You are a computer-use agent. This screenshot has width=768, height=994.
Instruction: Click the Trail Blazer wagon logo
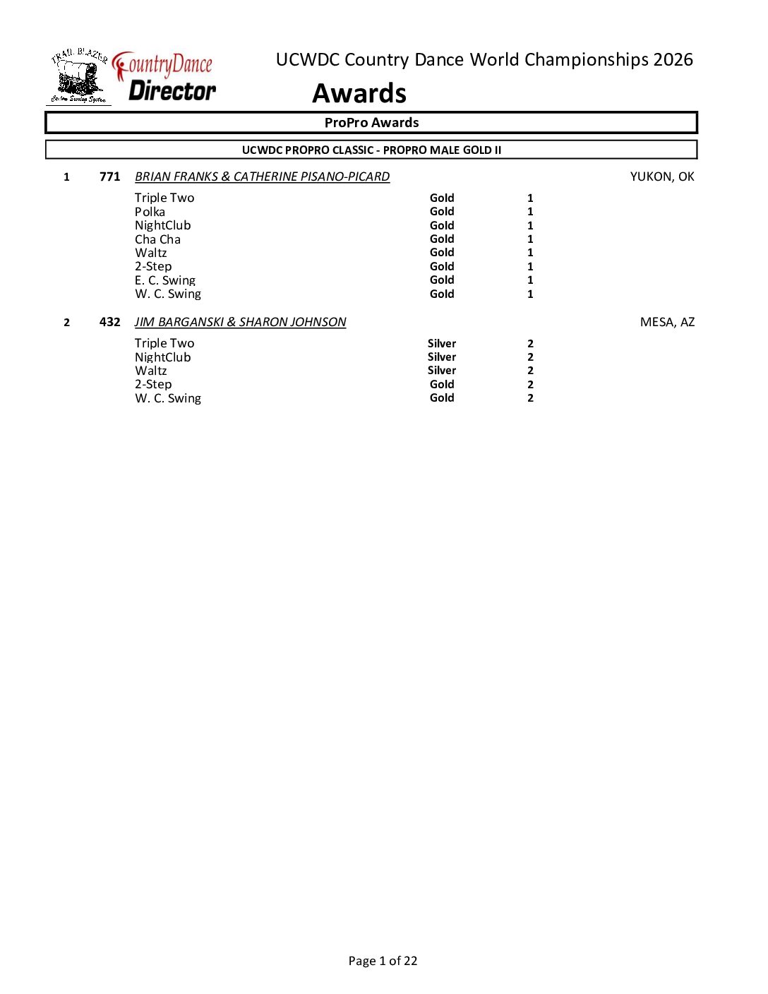[78, 77]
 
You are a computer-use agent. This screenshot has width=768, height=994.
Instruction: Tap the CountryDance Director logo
[166, 78]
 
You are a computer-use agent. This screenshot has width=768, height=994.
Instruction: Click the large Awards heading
[359, 93]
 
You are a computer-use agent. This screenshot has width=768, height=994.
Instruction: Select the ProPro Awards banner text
[371, 123]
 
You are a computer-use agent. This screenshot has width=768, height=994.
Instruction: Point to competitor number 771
[109, 176]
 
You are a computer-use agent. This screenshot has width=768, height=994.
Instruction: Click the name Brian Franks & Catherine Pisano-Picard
[262, 176]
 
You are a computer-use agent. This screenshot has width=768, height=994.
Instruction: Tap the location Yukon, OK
[661, 176]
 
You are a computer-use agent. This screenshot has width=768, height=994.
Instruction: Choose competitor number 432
[109, 322]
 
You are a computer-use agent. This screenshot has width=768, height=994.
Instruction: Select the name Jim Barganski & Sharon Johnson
[240, 322]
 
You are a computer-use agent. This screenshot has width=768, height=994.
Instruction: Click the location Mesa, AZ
[667, 322]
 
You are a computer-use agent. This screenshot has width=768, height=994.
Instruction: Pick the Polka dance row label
[150, 212]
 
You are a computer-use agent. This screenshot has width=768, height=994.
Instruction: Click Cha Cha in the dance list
[157, 239]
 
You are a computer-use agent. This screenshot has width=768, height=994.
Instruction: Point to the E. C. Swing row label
[164, 280]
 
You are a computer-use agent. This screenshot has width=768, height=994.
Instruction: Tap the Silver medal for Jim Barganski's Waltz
[442, 371]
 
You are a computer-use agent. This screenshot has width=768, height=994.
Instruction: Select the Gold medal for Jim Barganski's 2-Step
[442, 384]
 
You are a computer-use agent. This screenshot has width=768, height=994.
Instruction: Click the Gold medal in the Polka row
[442, 212]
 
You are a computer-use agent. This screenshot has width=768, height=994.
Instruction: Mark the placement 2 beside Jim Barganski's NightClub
[530, 357]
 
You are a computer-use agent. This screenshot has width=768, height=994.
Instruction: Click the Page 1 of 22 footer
[383, 961]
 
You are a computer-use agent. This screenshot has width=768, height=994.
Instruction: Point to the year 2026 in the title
[673, 60]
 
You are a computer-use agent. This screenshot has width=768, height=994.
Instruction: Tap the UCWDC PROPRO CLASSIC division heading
[371, 150]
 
